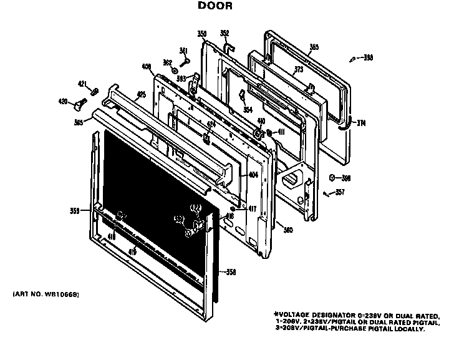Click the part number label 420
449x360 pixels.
point(63,101)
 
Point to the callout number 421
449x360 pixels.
point(82,83)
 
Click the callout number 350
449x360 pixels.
point(201,33)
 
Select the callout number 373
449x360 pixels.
point(299,69)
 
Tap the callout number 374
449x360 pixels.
point(360,123)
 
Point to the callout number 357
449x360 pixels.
point(339,192)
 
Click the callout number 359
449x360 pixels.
point(74,211)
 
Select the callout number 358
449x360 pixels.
point(230,272)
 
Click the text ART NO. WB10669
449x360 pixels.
point(46,293)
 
